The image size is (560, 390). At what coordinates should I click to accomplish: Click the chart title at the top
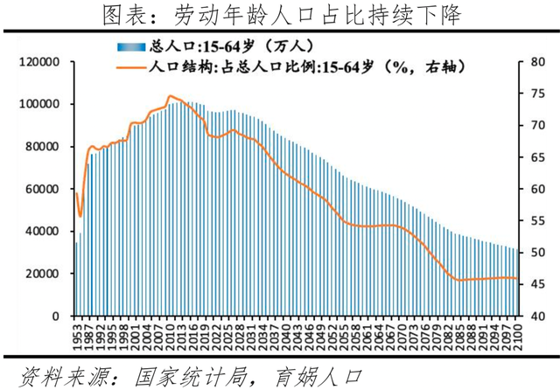[280, 15]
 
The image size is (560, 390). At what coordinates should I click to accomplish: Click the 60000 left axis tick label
[42, 189]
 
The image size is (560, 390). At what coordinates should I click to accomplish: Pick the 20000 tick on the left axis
[42, 274]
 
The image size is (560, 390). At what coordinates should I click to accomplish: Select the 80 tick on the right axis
[536, 62]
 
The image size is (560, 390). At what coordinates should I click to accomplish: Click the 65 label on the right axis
[536, 157]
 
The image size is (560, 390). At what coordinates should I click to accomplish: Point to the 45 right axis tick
[536, 284]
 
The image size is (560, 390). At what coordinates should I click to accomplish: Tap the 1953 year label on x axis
[76, 337]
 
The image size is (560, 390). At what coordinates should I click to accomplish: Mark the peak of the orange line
[170, 96]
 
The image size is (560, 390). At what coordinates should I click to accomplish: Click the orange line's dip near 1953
[80, 215]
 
